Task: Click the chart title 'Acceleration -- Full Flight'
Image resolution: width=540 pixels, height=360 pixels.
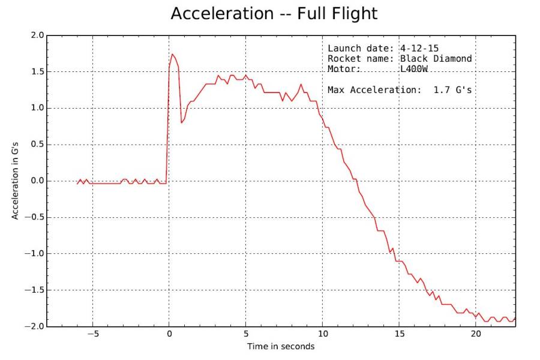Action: [274, 13]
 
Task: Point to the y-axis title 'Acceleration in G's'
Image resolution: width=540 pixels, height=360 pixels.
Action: [16, 181]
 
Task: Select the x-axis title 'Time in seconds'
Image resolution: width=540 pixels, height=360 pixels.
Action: [281, 346]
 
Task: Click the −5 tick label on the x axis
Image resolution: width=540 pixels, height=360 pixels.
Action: [92, 335]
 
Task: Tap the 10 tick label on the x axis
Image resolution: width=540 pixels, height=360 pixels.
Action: [323, 335]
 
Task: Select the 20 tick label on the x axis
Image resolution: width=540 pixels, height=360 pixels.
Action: [476, 335]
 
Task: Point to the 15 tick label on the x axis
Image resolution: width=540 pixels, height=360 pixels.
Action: [400, 335]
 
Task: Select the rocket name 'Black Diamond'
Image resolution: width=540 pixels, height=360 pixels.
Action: [436, 59]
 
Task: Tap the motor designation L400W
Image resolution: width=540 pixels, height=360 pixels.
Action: [415, 69]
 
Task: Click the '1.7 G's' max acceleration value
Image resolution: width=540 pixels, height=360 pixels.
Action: [453, 90]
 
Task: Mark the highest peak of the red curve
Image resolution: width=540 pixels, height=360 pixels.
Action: [173, 55]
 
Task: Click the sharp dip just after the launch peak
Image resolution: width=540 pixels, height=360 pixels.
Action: [182, 123]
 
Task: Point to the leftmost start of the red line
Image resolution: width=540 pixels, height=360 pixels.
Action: [77, 183]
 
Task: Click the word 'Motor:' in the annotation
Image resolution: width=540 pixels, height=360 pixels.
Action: [344, 69]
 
